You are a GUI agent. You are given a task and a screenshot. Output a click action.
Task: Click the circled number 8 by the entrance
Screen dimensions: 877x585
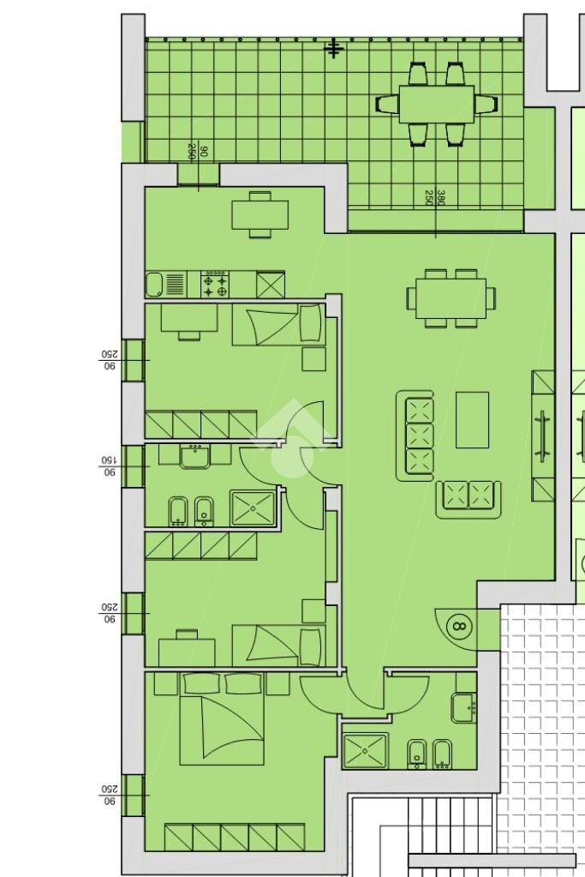(x=459, y=625)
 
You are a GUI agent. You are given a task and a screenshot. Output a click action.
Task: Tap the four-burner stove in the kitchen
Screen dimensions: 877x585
(x=215, y=285)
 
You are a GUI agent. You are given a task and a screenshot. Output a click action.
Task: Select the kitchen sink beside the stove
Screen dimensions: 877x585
(x=155, y=285)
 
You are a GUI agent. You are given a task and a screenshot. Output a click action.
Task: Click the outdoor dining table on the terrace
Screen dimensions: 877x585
(x=436, y=104)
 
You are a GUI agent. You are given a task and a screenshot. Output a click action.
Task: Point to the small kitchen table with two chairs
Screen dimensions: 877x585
(x=260, y=213)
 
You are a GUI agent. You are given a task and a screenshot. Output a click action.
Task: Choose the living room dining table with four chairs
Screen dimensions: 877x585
(x=451, y=298)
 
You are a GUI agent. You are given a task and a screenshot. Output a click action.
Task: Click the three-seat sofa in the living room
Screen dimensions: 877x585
(x=419, y=435)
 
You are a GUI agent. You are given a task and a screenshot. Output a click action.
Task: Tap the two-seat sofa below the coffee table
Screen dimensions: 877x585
(x=468, y=496)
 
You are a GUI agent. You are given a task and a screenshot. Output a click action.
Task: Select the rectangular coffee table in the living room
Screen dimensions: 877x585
(x=472, y=419)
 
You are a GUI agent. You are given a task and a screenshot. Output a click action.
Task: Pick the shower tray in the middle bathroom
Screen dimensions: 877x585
(x=253, y=508)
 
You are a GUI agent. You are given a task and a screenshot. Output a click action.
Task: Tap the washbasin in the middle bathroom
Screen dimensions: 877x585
(x=194, y=455)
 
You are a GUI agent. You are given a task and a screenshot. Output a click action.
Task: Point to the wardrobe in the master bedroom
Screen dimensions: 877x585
(x=235, y=836)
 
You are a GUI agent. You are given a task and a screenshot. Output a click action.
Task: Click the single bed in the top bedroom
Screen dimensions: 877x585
(x=278, y=327)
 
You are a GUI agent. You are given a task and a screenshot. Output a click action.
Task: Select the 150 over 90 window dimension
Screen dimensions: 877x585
(x=109, y=466)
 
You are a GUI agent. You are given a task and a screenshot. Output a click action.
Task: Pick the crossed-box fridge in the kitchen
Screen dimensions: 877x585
(x=271, y=284)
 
